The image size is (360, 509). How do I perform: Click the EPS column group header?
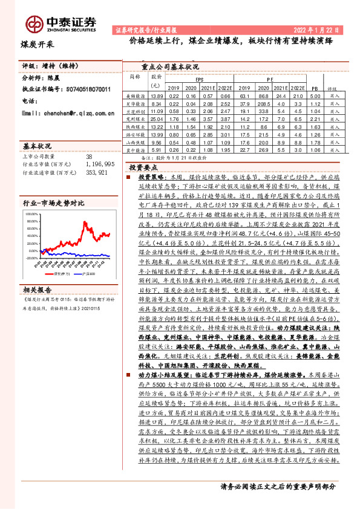199,79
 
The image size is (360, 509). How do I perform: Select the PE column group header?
270,79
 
